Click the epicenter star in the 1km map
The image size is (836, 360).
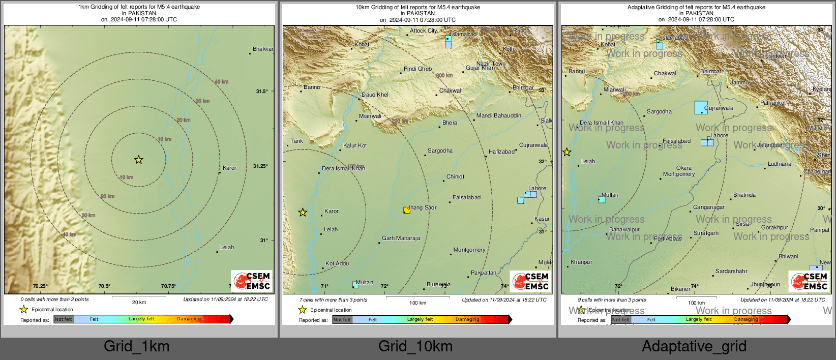click(138, 160)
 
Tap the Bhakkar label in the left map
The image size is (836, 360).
click(263, 49)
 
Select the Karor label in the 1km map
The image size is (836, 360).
click(229, 168)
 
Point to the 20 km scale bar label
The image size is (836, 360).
click(139, 302)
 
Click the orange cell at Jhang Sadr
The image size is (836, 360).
click(407, 210)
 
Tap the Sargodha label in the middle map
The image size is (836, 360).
click(440, 151)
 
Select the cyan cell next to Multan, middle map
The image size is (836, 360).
click(355, 285)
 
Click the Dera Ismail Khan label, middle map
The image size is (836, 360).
click(343, 168)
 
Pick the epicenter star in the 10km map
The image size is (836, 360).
click(303, 212)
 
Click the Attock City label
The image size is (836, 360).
click(424, 31)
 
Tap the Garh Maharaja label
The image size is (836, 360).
click(401, 238)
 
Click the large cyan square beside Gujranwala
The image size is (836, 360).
click(701, 107)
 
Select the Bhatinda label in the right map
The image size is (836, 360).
click(744, 195)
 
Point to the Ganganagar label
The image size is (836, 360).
click(708, 207)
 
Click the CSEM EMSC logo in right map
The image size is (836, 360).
click(809, 281)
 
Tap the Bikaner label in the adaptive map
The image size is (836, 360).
click(680, 289)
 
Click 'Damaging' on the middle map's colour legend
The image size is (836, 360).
click(467, 319)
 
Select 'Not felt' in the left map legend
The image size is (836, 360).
click(64, 319)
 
